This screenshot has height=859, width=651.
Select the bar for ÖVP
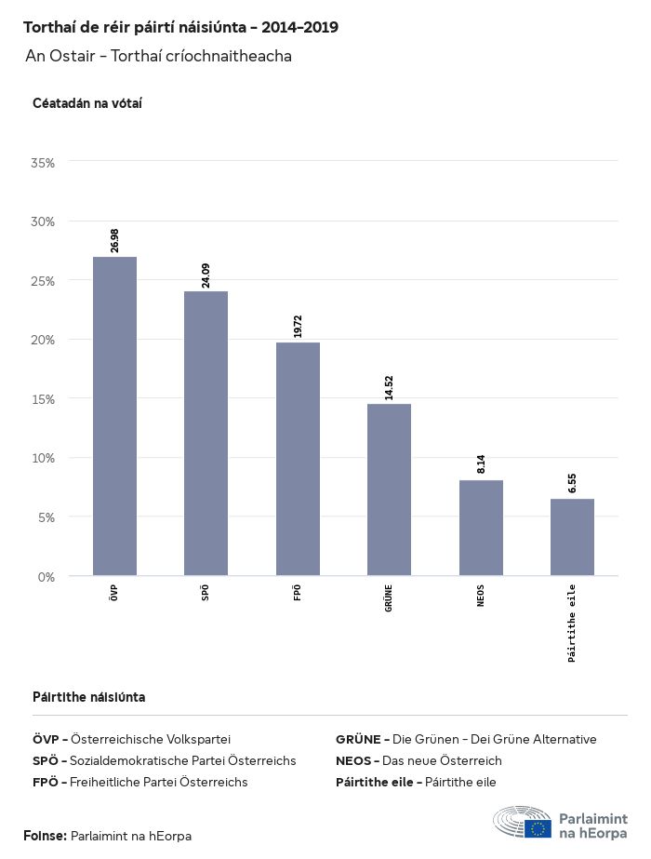pos(114,416)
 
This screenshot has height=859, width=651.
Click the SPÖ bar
pos(206,434)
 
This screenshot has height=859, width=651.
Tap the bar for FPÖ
pos(298,459)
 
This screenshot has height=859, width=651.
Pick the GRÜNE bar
pos(389,490)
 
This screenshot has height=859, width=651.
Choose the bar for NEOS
pos(481,528)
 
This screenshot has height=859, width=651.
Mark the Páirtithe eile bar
pos(572,537)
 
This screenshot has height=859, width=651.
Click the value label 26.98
pos(114,240)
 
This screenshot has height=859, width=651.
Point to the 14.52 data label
pos(389,387)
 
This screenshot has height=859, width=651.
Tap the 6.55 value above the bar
pos(572,483)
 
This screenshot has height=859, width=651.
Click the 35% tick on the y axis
pos(43,163)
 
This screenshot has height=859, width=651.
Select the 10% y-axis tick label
pos(43,458)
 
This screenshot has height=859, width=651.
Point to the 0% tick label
pos(46,577)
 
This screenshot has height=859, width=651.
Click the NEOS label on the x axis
pos(481,596)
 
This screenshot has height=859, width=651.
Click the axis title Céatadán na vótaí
pos(86,103)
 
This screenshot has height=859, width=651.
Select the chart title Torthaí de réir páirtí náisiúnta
pos(180,28)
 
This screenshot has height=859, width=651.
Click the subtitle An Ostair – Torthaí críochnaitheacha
pos(159,57)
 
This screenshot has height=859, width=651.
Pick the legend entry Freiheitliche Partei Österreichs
pos(139,783)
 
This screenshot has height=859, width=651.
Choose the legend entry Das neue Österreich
pos(418,760)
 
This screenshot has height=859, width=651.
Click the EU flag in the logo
pos(537,828)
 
